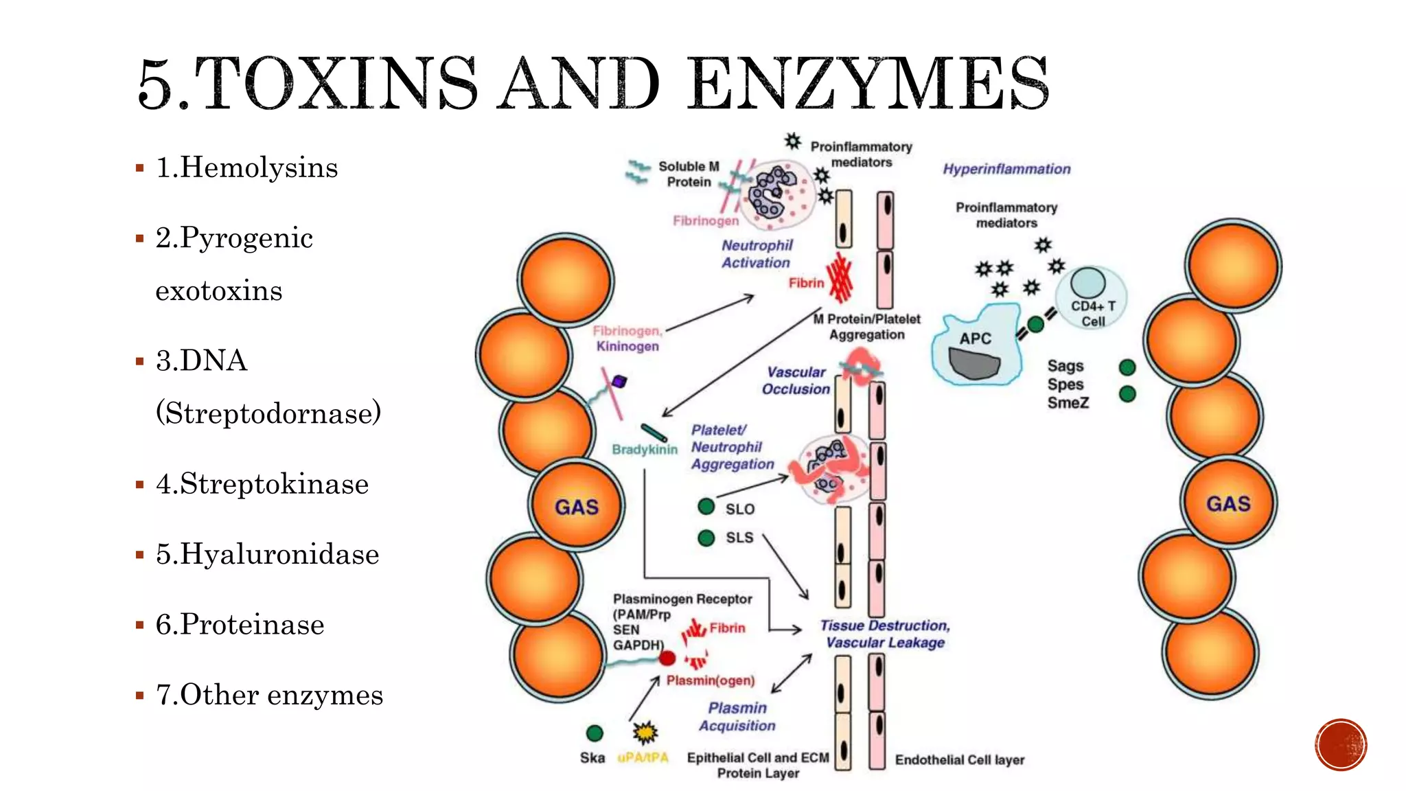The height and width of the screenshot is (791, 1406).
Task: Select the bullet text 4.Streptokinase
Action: [x=262, y=484]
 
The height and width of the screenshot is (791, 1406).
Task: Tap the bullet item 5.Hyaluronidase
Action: [x=267, y=554]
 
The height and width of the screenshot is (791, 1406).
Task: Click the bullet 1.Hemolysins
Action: [x=246, y=168]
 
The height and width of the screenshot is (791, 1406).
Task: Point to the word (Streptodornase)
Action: [x=268, y=413]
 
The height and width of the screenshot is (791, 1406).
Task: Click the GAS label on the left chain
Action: [x=576, y=507]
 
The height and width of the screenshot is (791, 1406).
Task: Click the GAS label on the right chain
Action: [x=1228, y=504]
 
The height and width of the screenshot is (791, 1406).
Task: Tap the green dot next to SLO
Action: [x=706, y=507]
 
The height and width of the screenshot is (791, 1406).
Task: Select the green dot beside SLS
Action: [x=706, y=538]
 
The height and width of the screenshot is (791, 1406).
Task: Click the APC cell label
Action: [x=975, y=339]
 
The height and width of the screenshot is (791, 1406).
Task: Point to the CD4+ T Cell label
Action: [x=1093, y=314]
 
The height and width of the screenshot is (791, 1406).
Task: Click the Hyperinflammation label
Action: [x=1006, y=169]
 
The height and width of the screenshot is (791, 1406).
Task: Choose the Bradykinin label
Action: [x=644, y=450]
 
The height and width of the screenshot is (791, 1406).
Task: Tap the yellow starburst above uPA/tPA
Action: [x=645, y=733]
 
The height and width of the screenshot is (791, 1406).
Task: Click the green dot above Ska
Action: [x=595, y=733]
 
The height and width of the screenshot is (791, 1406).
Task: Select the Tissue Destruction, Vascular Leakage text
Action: [x=885, y=634]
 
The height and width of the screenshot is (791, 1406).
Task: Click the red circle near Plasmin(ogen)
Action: [x=667, y=658]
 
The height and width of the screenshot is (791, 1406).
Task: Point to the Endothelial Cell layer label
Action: [x=959, y=760]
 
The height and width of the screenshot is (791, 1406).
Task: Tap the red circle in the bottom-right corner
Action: [x=1341, y=745]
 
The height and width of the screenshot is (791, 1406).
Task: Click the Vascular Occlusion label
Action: [x=796, y=380]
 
